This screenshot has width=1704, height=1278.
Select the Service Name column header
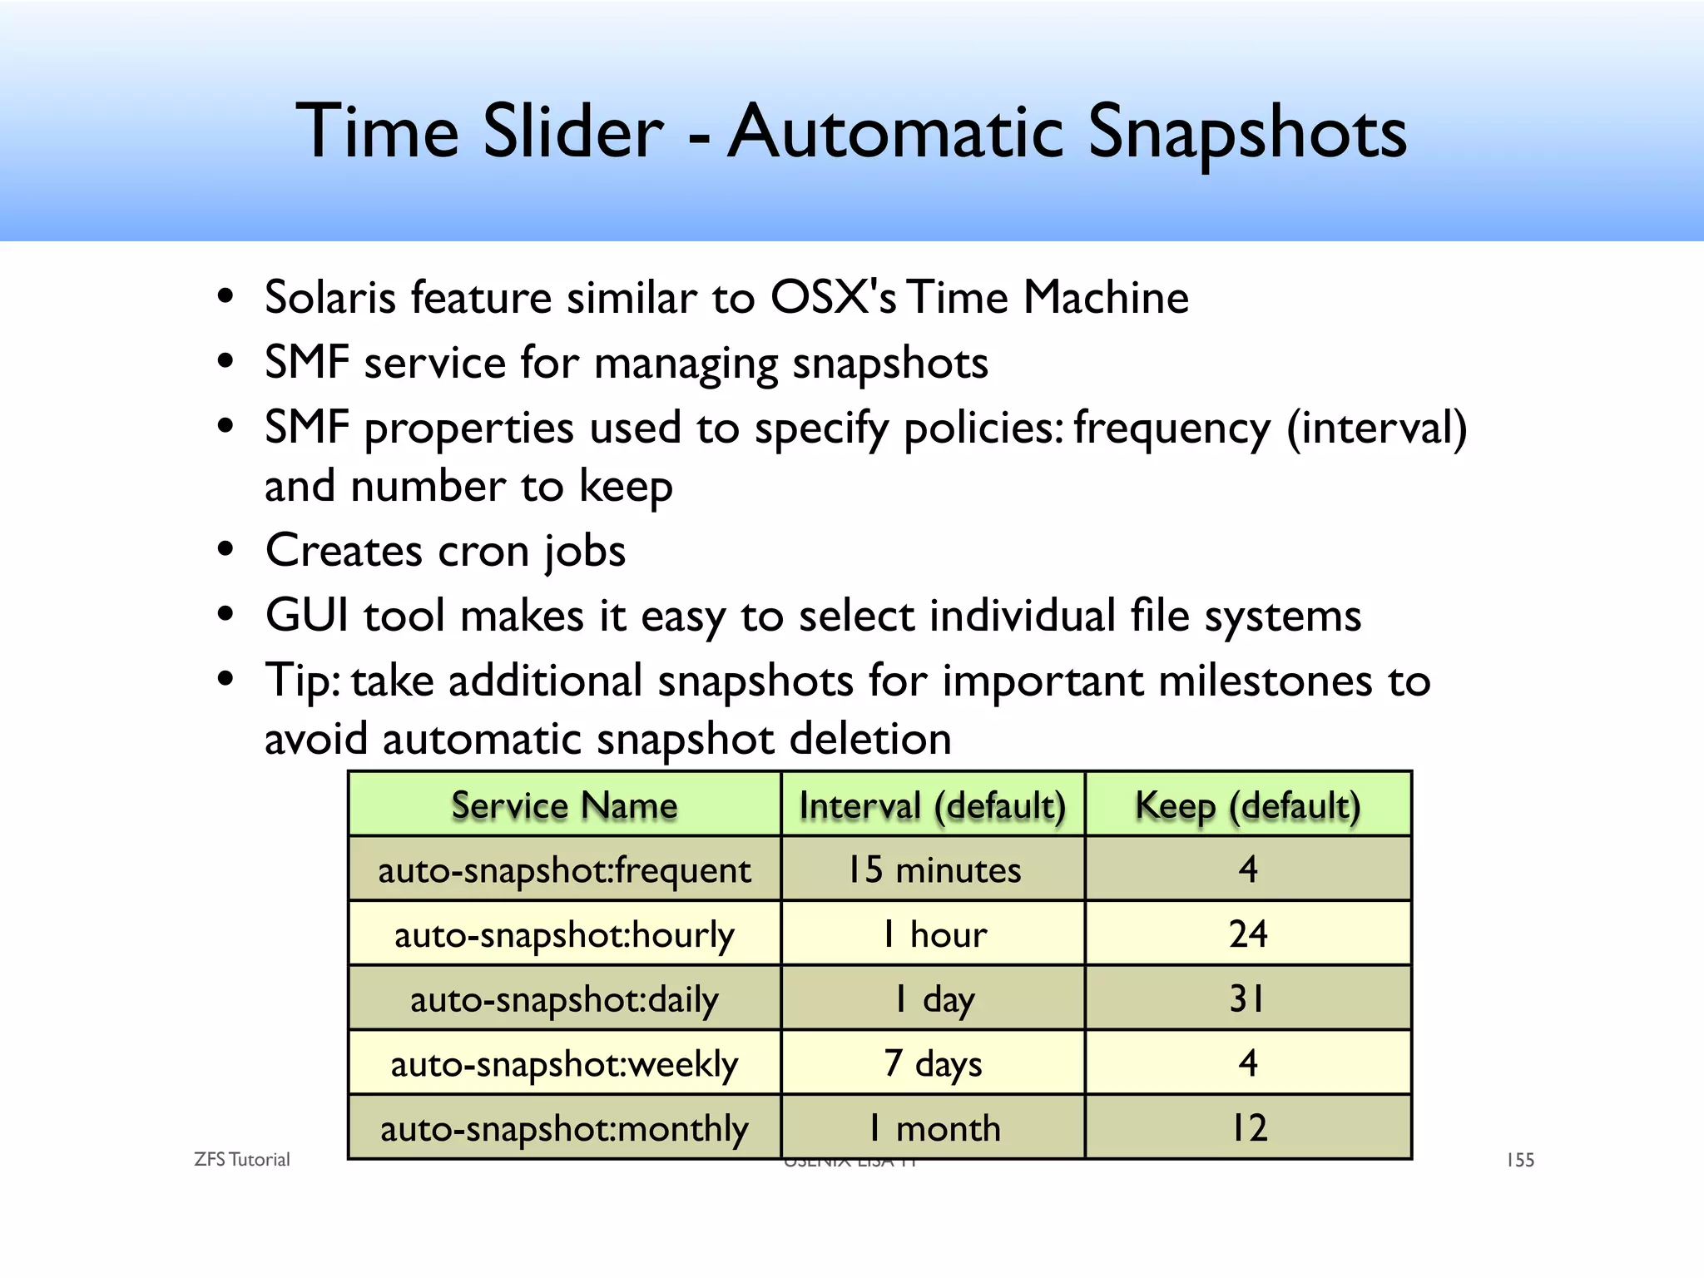[564, 805]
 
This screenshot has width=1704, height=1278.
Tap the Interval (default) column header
[933, 805]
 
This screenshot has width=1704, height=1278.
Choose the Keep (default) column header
[1248, 805]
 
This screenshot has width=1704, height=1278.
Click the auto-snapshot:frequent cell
[564, 870]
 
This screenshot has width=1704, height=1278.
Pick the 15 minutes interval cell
[933, 870]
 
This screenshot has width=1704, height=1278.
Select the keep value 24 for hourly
[1248, 934]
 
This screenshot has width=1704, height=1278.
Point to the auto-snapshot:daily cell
[564, 999]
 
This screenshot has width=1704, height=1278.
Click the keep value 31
[1248, 998]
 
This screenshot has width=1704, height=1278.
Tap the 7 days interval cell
[933, 1063]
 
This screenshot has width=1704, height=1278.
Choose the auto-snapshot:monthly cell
[564, 1128]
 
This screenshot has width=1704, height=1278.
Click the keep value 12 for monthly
[1248, 1128]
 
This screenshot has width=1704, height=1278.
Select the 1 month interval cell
[933, 1128]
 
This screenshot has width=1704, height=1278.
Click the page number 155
[1520, 1160]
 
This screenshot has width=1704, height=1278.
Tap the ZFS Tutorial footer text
[241, 1160]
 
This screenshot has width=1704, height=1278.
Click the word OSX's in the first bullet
[833, 297]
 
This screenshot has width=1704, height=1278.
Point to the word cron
[483, 551]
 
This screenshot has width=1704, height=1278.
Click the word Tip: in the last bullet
[301, 681]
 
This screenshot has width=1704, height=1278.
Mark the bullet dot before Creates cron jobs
[225, 550]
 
